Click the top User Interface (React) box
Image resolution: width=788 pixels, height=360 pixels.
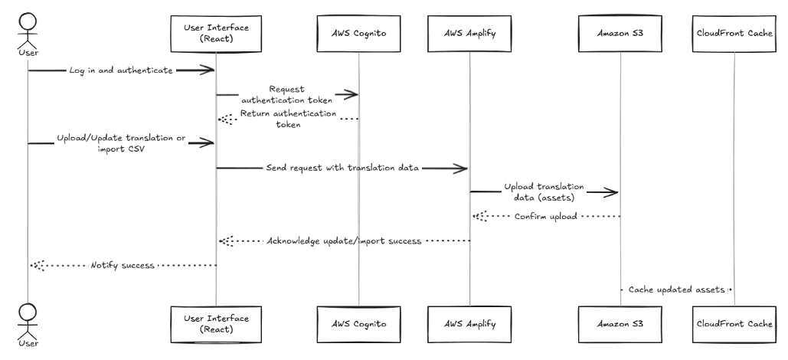click(x=215, y=32)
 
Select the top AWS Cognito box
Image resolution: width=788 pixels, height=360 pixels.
click(x=358, y=32)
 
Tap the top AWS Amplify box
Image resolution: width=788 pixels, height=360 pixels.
click(x=469, y=32)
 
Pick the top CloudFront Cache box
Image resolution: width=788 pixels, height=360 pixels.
click(x=734, y=32)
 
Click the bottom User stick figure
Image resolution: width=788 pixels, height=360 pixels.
click(x=28, y=322)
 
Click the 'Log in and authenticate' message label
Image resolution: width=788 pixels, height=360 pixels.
click(x=126, y=70)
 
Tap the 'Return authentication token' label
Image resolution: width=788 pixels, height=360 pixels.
click(x=288, y=119)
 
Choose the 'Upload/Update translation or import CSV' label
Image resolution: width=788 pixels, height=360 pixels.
click(x=121, y=143)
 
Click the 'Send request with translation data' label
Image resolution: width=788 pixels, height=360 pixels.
click(x=342, y=168)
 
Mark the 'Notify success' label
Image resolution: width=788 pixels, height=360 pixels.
click(x=123, y=265)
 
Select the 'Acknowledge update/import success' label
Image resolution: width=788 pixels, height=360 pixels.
click(x=345, y=241)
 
